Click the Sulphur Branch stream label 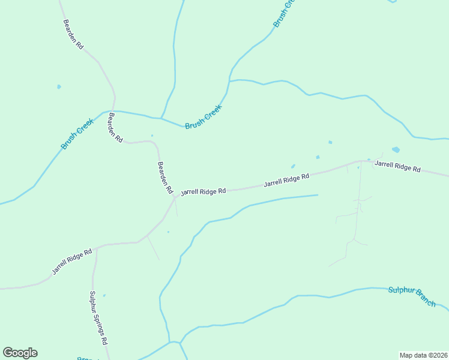click(x=412, y=295)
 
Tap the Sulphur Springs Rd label click(x=98, y=318)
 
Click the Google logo click(x=20, y=353)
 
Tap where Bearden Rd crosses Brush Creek click(x=114, y=111)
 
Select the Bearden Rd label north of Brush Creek click(x=73, y=34)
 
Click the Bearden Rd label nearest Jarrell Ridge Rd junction click(x=165, y=177)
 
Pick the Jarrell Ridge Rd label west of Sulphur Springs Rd click(x=71, y=261)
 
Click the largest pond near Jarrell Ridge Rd click(x=396, y=149)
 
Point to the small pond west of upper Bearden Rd click(x=59, y=87)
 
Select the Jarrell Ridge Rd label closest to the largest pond click(x=397, y=166)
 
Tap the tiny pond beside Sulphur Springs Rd click(x=104, y=295)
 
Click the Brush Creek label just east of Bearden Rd click(x=203, y=117)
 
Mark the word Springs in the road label click(x=98, y=319)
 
